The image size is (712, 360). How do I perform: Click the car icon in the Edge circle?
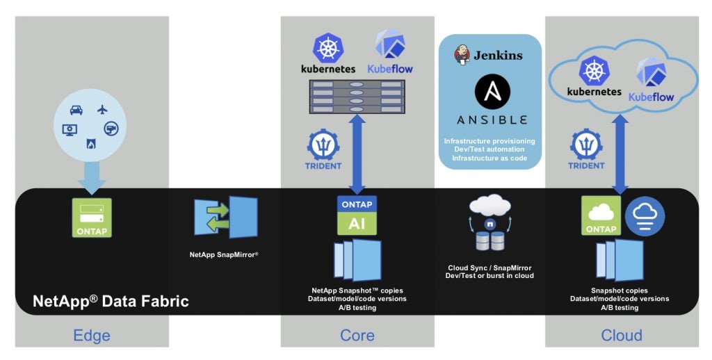tap(76, 110)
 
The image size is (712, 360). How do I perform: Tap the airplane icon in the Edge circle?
tap(104, 109)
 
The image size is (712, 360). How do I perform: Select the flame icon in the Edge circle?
tap(90, 144)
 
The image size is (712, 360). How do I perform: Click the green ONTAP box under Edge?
tap(92, 218)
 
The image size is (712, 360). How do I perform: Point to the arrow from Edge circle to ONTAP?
tap(92, 177)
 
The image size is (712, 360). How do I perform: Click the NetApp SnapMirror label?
tap(224, 255)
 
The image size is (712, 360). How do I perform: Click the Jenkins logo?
tap(489, 54)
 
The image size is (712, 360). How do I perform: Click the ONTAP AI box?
tap(357, 215)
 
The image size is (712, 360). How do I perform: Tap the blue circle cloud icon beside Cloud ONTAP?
tap(645, 217)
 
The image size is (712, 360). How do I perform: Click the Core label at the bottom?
tap(357, 336)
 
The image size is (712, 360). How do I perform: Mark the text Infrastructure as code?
tap(489, 159)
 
